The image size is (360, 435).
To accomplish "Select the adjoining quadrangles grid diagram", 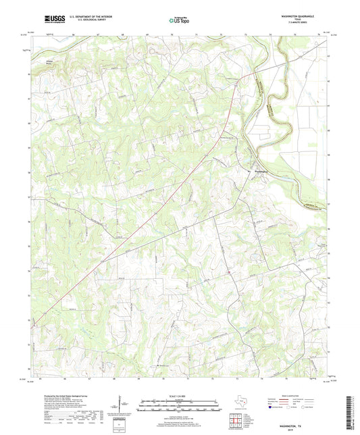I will pyautogui.click(x=234, y=423).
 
